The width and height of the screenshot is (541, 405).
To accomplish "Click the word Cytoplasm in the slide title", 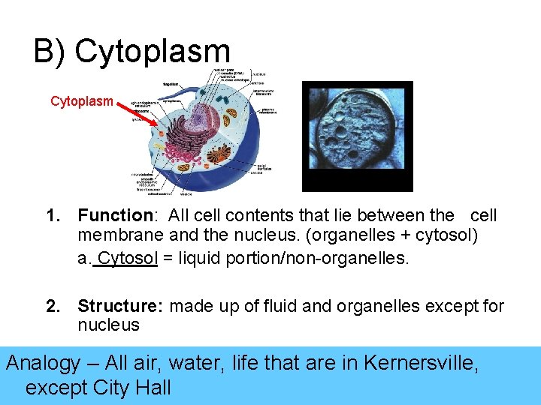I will [153, 52].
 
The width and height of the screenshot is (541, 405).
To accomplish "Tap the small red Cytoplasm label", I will [82, 101].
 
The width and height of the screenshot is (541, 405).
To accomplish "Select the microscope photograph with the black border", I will [358, 136].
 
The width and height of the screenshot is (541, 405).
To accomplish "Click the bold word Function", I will [115, 216].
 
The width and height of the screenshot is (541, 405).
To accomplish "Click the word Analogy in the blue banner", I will [44, 364].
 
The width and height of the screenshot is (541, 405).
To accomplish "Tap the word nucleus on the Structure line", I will [108, 325].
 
